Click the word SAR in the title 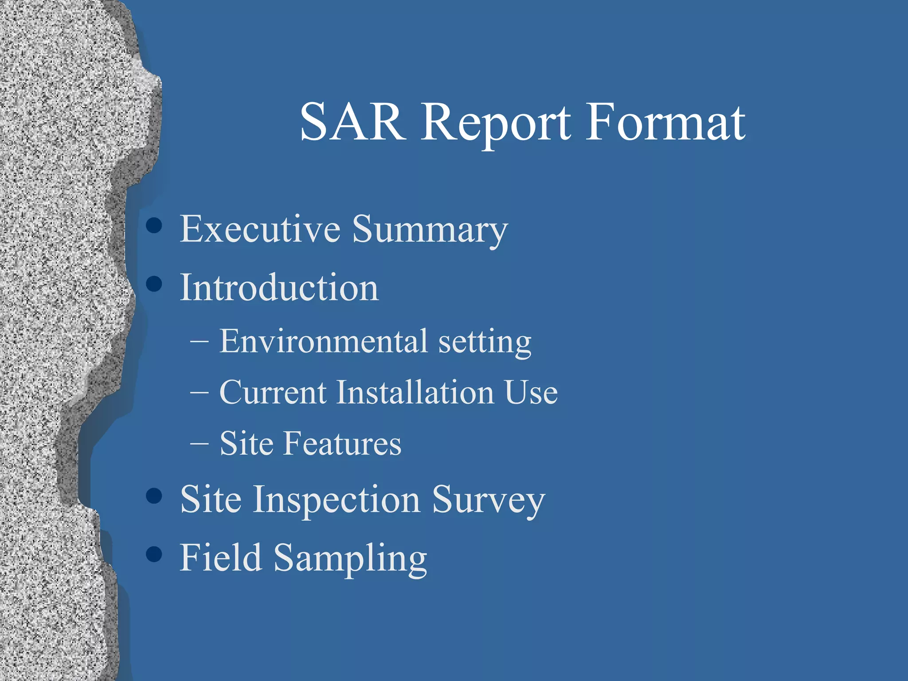point(352,122)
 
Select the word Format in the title point(665,122)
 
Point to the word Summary point(430,231)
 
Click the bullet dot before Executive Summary point(154,225)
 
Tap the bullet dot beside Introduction point(154,284)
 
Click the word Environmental point(324,341)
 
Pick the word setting point(485,343)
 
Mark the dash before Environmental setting point(199,342)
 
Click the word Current point(273,392)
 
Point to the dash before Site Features point(199,443)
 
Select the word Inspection point(337,500)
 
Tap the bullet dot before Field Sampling point(154,554)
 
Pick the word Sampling point(350,559)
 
